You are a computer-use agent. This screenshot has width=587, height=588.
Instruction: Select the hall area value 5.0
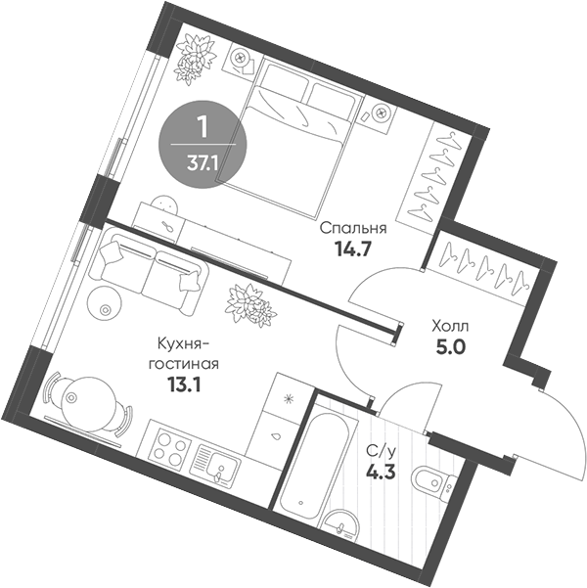449,343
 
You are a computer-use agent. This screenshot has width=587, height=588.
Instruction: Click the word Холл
449,324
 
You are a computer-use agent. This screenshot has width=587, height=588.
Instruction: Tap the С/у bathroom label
381,451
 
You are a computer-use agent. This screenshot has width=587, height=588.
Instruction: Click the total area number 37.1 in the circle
203,162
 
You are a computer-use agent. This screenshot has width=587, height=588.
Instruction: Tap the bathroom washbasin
341,525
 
